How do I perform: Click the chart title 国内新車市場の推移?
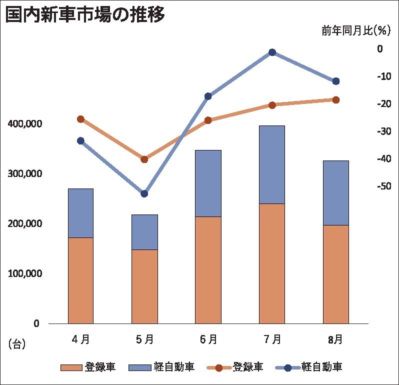pos(85,15)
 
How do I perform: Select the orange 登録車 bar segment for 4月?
pos(80,280)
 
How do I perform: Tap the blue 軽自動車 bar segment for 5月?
pos(144,231)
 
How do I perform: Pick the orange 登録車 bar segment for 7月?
pos(272,263)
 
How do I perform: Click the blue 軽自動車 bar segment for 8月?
pos(335,192)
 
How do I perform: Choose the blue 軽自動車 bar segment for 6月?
pos(208,183)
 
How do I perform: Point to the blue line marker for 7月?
pos(272,52)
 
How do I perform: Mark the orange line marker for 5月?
pos(144,159)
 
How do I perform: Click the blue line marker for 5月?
pos(144,193)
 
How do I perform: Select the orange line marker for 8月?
pos(336,99)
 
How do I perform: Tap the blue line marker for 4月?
pos(80,140)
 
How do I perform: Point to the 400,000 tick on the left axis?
pos(24,123)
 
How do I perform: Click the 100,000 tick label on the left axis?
pos(24,273)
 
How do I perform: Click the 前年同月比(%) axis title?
pos(355,31)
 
